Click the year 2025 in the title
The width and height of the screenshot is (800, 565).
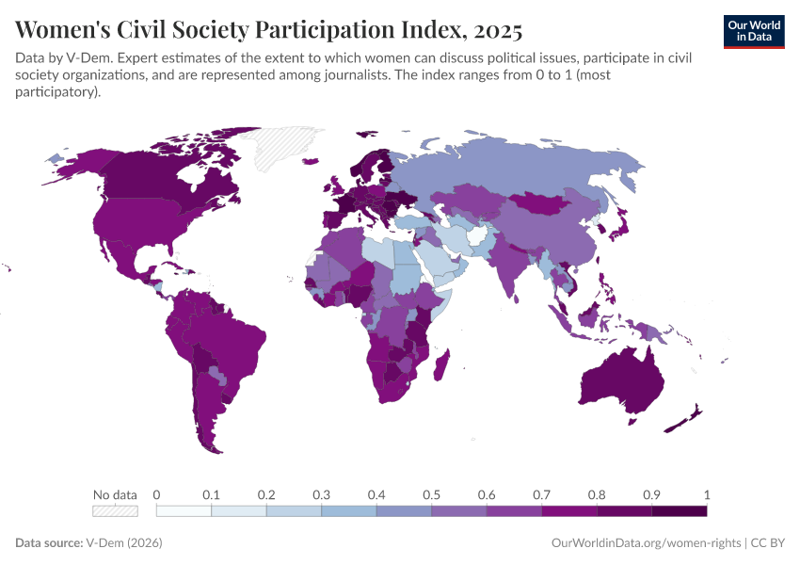pos(493,30)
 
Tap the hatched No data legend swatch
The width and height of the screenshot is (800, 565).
pos(115,511)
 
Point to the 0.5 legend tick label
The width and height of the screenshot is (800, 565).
pos(431,494)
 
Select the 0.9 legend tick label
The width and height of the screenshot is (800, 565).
pos(651,494)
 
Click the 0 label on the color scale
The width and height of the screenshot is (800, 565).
pos(156,494)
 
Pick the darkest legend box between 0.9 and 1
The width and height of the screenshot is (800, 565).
pos(679,511)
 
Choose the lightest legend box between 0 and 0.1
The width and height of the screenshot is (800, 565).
pos(184,511)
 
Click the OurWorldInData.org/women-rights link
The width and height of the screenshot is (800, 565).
pos(645,543)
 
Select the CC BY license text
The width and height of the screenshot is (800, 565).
pos(767,543)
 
